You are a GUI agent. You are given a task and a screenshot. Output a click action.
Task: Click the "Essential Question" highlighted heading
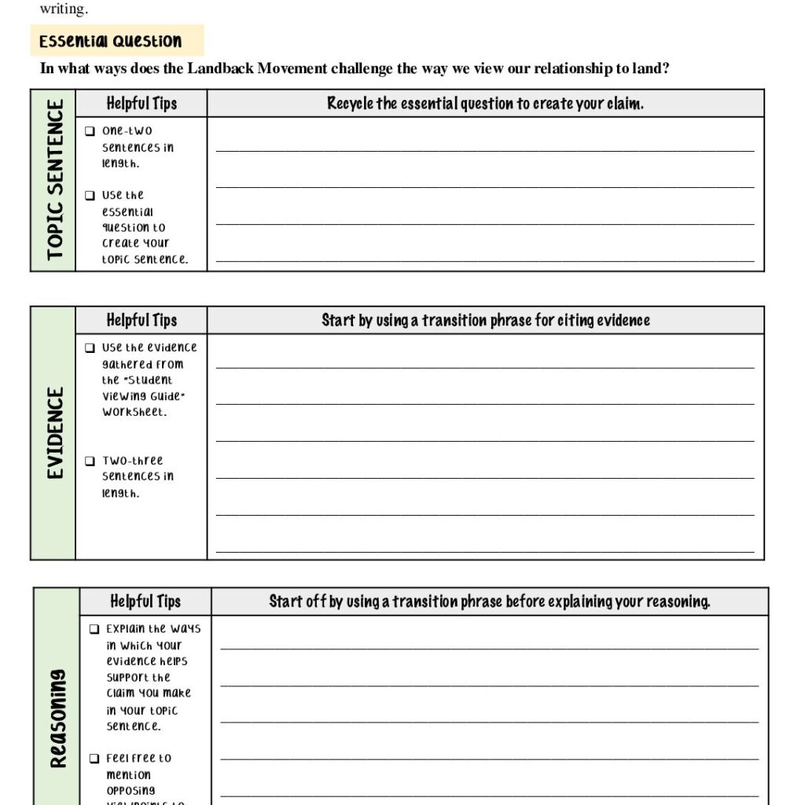coord(111,41)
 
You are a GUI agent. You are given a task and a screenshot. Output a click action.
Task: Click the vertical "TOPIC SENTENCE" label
coord(54,180)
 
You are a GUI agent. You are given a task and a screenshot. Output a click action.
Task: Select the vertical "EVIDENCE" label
coord(54,432)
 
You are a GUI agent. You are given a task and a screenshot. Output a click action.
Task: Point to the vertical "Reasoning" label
coord(58,719)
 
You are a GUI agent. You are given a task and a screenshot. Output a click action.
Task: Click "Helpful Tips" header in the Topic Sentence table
coord(142,103)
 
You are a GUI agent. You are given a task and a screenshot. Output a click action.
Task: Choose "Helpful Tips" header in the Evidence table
coord(142,320)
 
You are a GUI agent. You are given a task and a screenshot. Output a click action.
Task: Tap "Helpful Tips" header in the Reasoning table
coord(145,601)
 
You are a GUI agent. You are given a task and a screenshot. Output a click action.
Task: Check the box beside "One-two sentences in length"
coord(90,131)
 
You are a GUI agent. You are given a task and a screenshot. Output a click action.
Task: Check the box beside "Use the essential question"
coord(90,196)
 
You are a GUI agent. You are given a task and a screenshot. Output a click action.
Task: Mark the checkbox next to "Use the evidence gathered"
coord(90,347)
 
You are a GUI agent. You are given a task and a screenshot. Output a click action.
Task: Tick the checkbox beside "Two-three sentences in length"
coord(90,461)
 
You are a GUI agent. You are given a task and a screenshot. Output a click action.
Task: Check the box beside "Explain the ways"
coord(94,629)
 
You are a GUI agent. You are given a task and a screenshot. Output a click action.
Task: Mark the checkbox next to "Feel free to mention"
coord(94,759)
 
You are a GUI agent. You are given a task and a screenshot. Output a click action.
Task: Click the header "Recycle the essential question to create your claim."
coord(485,103)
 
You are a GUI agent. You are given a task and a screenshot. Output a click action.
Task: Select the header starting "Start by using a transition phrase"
coord(485,320)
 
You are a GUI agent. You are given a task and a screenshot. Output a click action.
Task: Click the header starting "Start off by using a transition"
coord(489,601)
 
